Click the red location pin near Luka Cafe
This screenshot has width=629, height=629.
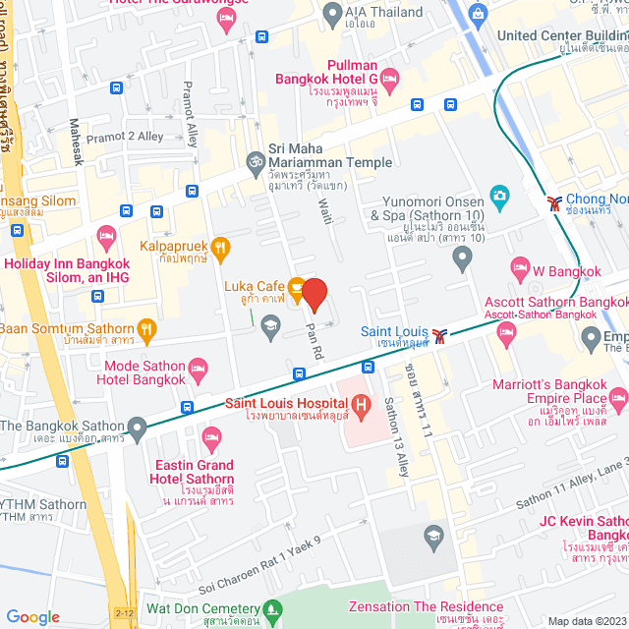[314, 295]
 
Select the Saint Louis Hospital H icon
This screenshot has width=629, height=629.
[360, 403]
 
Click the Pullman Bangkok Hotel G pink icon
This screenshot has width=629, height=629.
[390, 78]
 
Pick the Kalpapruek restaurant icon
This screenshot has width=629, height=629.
[221, 246]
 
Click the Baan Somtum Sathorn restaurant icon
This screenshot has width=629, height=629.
[147, 329]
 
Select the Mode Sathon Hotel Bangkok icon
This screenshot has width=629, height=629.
[199, 371]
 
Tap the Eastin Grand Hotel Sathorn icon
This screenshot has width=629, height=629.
[210, 435]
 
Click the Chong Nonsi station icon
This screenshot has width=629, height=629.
[555, 203]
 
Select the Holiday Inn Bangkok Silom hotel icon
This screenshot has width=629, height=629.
[106, 235]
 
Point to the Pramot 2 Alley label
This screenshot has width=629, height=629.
[125, 137]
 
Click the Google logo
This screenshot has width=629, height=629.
[32, 616]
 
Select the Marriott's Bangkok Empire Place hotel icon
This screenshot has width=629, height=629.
[618, 399]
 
